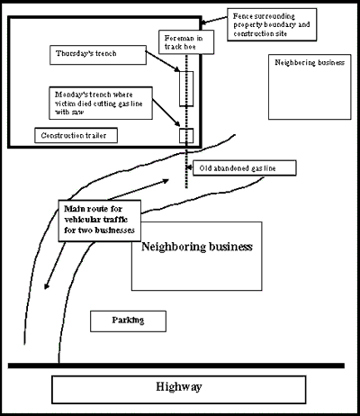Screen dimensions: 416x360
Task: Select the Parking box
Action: (127, 321)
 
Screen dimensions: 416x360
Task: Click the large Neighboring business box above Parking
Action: (195, 256)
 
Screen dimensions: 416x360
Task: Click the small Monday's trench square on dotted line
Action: (187, 136)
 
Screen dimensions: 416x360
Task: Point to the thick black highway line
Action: (180, 366)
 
